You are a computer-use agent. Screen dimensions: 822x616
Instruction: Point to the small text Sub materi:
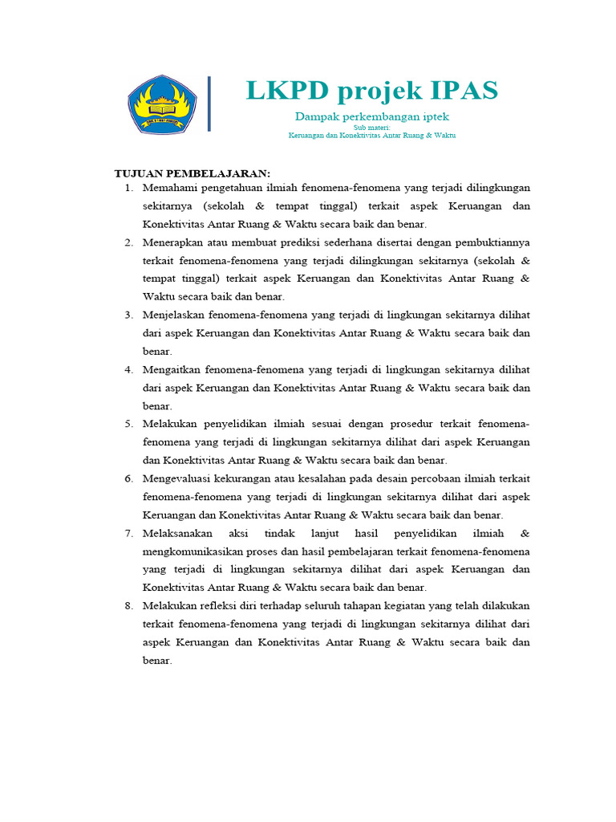click(372, 128)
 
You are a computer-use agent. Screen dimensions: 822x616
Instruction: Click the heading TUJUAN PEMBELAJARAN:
click(193, 173)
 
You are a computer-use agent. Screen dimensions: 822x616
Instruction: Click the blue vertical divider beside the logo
click(209, 104)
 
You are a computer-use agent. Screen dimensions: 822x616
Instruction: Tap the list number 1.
click(128, 188)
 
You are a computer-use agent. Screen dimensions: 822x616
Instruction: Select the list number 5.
click(128, 424)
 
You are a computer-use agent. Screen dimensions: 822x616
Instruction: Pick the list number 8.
click(128, 606)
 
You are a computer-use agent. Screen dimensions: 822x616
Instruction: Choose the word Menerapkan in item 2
click(173, 242)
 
